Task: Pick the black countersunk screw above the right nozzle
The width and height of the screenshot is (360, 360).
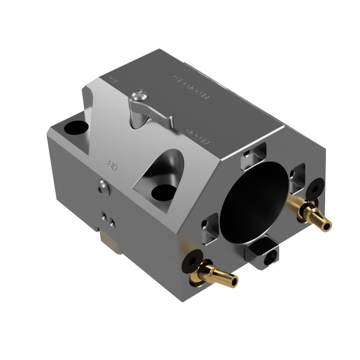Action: [x=315, y=188]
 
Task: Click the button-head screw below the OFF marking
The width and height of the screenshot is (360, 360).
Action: [x=103, y=188]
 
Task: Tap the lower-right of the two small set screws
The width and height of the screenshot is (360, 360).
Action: [x=112, y=222]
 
